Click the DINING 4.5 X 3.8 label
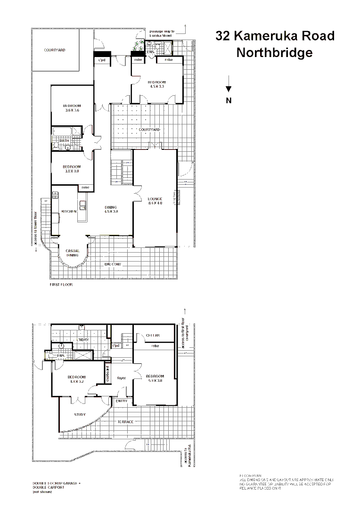point(111,210)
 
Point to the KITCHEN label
point(68,212)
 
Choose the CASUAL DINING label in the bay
point(72,253)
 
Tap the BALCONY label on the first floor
point(113,264)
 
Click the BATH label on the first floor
point(64,140)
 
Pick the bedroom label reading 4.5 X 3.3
point(157,84)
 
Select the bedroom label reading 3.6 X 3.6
point(72,107)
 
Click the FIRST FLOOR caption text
point(61,285)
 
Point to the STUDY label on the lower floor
point(80,415)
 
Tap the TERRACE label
point(125,422)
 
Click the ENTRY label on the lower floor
point(122,401)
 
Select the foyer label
point(122,378)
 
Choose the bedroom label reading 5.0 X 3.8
point(155,378)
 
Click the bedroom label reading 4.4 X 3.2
point(76,379)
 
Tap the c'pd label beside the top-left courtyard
point(101,60)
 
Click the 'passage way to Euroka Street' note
point(162,33)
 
